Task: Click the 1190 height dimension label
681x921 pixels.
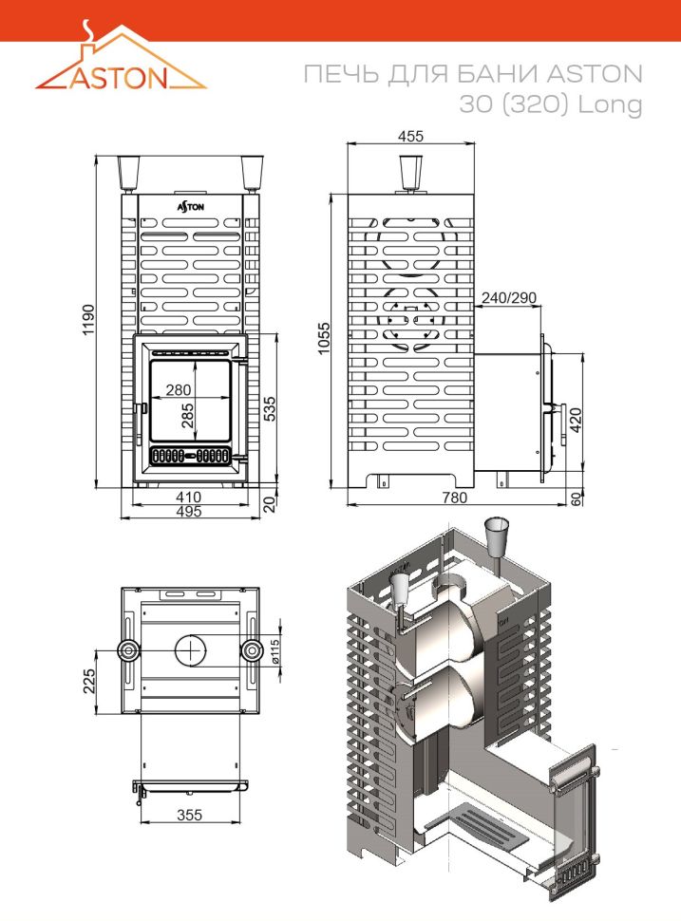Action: (88, 320)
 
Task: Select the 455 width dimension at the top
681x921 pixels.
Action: (410, 136)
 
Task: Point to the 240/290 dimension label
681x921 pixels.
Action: (509, 298)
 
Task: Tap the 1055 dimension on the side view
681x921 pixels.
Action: (324, 338)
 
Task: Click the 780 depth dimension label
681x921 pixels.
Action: (454, 498)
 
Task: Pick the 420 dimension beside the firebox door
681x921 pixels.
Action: (576, 420)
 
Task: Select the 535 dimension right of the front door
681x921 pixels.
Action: (269, 409)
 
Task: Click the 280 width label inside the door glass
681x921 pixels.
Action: (178, 389)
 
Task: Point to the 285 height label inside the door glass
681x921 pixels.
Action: (187, 415)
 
